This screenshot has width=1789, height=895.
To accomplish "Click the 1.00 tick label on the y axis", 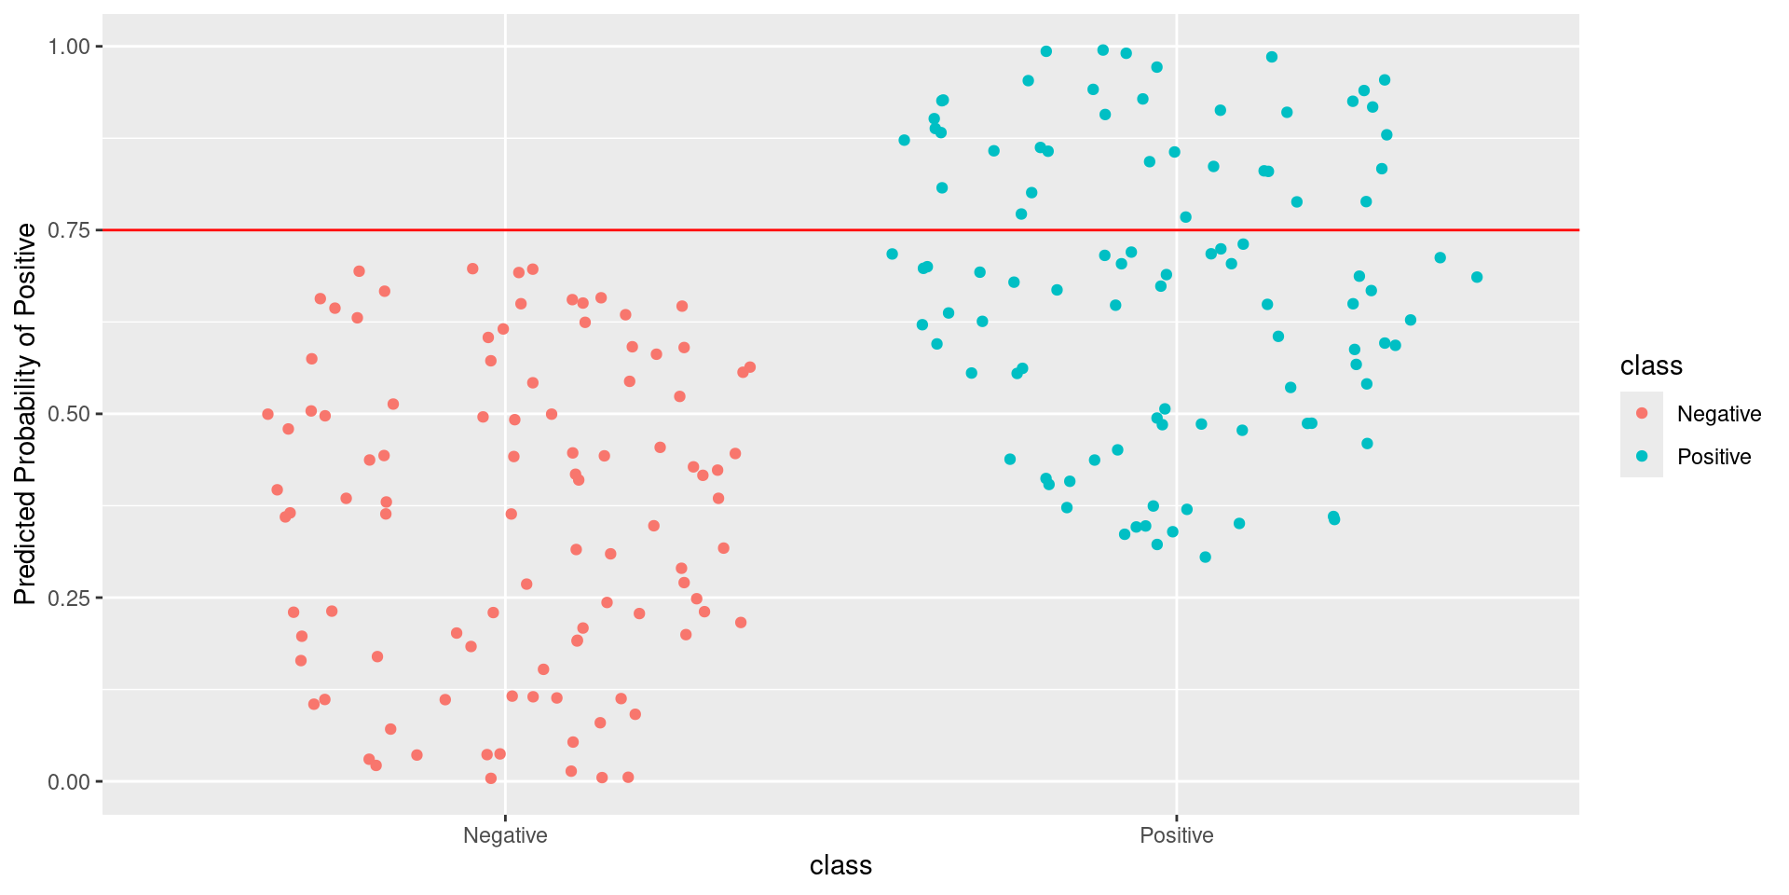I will tap(69, 47).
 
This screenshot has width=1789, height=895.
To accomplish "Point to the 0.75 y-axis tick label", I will tap(69, 230).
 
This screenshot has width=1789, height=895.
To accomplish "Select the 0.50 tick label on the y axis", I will tap(69, 414).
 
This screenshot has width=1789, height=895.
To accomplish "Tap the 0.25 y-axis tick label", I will tap(69, 598).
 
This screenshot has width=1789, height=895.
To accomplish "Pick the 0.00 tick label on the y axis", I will tap(69, 781).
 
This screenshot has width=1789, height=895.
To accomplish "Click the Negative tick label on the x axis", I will tap(505, 835).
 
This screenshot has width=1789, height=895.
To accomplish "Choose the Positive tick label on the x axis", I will tap(1177, 835).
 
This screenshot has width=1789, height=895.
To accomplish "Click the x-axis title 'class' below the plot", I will tap(840, 866).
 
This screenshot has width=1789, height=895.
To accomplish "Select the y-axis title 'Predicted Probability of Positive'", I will tap(25, 414).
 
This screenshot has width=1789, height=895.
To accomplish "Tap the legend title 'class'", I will tap(1651, 365).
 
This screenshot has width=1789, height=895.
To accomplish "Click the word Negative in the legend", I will tap(1719, 414).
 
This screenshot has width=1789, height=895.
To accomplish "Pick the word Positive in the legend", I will tap(1714, 457).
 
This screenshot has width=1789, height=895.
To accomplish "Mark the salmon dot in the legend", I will tap(1642, 413).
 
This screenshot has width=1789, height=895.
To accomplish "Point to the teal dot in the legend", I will tap(1642, 456).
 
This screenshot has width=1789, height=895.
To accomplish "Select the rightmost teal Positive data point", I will tap(1477, 277).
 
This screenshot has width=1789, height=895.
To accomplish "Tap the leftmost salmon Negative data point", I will tap(268, 414).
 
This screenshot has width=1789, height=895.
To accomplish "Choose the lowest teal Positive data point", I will tap(1205, 558).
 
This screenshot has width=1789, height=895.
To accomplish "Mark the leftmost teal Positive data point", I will tap(892, 254).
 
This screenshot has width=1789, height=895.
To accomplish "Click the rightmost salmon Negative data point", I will tap(750, 367).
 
